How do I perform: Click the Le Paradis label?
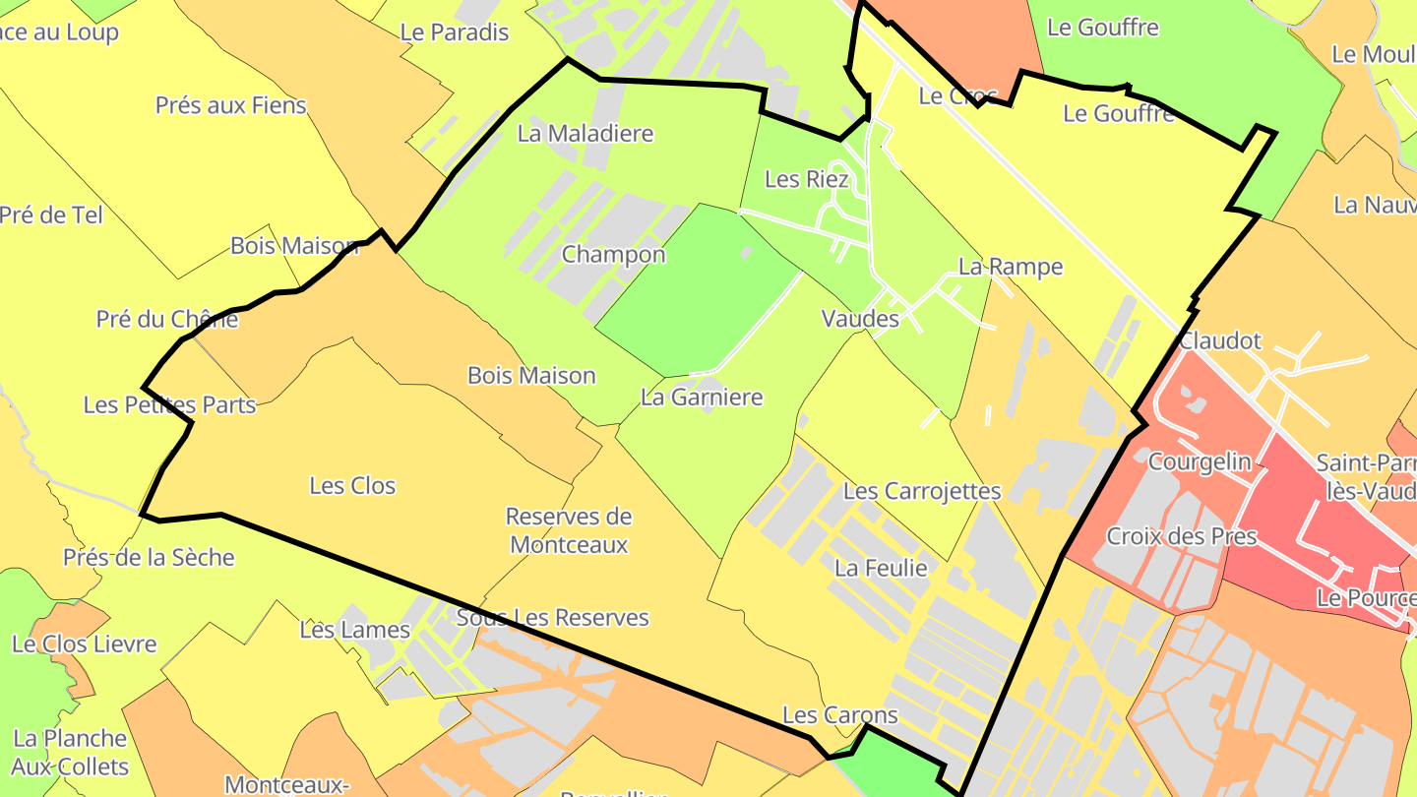(x=454, y=31)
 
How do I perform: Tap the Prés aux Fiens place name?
(x=230, y=105)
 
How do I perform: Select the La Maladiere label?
(x=585, y=133)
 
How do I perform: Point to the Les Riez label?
(x=806, y=179)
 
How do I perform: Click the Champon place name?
(x=613, y=255)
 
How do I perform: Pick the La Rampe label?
(x=1011, y=267)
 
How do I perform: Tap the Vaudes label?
(x=860, y=319)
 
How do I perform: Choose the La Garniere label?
(x=702, y=398)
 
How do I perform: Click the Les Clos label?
(x=352, y=485)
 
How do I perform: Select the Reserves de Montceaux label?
(x=569, y=530)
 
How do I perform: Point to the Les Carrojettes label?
(x=922, y=491)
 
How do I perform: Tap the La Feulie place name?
(x=881, y=568)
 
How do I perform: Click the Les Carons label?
(x=840, y=715)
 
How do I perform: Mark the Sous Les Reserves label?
(x=553, y=618)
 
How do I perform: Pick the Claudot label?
(x=1219, y=341)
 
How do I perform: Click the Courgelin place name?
(x=1200, y=461)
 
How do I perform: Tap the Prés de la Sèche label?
(x=149, y=558)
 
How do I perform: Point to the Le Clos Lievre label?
(x=84, y=644)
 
